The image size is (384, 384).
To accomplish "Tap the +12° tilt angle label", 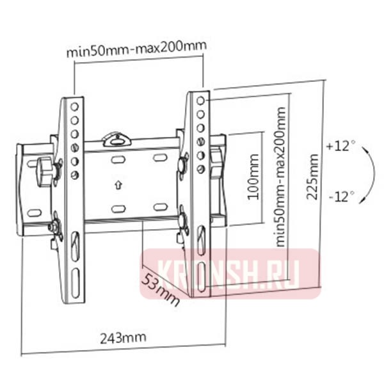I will [340, 146].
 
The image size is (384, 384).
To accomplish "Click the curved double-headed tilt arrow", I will [369, 172].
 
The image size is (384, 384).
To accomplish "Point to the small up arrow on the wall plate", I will [118, 186].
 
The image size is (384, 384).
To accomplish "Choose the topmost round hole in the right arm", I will [201, 101].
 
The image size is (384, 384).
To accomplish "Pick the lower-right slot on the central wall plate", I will [160, 207].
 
